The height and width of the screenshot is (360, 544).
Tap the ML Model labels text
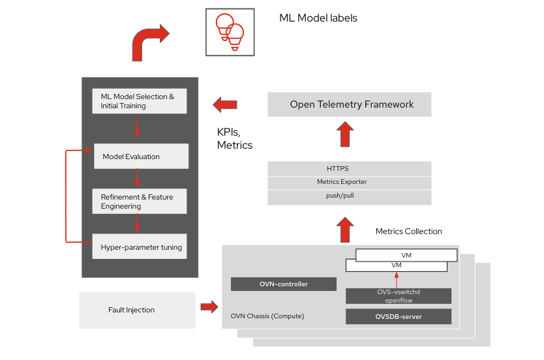pos(318,18)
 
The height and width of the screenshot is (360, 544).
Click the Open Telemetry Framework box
pos(350,104)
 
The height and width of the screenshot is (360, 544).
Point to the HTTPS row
pos(350,169)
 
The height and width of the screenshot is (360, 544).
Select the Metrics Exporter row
pos(350,182)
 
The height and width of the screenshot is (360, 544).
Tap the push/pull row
pos(350,196)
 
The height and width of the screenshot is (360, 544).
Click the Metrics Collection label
pos(408,232)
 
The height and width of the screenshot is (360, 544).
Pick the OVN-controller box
pos(283,284)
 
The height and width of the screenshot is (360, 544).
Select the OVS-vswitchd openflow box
pos(398,296)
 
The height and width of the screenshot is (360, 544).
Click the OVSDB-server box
pos(398,317)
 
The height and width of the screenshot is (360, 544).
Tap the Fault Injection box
pos(137,310)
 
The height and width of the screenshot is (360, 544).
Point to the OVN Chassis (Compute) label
pos(267,316)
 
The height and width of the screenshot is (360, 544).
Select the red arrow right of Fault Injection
pos(209,306)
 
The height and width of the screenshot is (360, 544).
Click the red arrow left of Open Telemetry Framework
pos(225,104)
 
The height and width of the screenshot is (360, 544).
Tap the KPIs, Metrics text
pos(234,138)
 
